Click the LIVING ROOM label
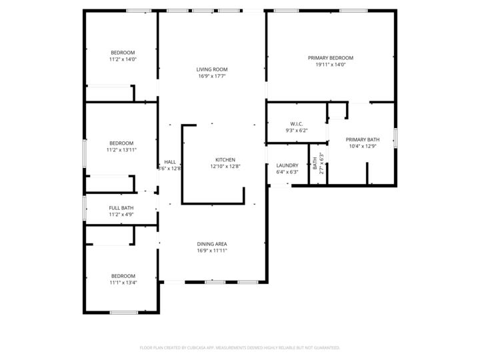coord(212,69)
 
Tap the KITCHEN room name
coord(225,159)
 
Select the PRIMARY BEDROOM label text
coord(330,58)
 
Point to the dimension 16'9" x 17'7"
coord(212,76)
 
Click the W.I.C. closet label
coord(297,124)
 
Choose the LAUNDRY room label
coord(287,165)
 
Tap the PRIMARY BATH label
coord(363,139)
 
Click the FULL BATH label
coord(121,208)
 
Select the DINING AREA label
coord(212,243)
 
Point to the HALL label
coord(170,161)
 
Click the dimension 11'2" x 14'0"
coord(123,59)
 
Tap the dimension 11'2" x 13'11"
coord(121,150)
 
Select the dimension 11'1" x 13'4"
coord(123,283)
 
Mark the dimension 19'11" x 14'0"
coord(330,65)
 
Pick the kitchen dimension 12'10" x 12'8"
coord(225,167)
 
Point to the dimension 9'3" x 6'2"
coord(297,131)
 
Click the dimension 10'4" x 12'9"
coord(363,146)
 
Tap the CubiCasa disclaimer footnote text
coord(240,347)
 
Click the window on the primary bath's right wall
coord(395,138)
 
